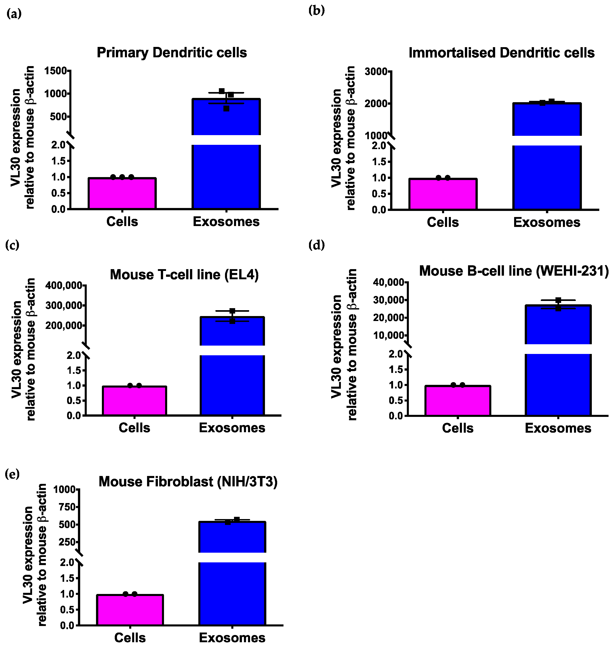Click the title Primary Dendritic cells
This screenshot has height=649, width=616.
click(171, 53)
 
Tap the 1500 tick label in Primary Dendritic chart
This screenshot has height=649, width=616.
click(56, 71)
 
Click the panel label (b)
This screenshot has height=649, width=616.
click(316, 11)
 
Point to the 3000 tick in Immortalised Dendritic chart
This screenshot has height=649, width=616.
click(376, 72)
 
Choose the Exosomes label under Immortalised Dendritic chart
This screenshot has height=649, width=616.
click(546, 222)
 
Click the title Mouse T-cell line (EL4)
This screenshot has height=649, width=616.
click(184, 275)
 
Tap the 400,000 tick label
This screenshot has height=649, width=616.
click(64, 285)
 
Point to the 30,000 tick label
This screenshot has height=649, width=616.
click(389, 300)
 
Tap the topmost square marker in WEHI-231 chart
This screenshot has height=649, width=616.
click(558, 300)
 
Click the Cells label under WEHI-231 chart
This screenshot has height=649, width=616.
click(457, 428)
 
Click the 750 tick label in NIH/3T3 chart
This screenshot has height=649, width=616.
click(67, 507)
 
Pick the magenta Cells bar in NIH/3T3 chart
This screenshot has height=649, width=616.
click(130, 610)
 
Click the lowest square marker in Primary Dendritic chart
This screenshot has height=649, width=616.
click(226, 109)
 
